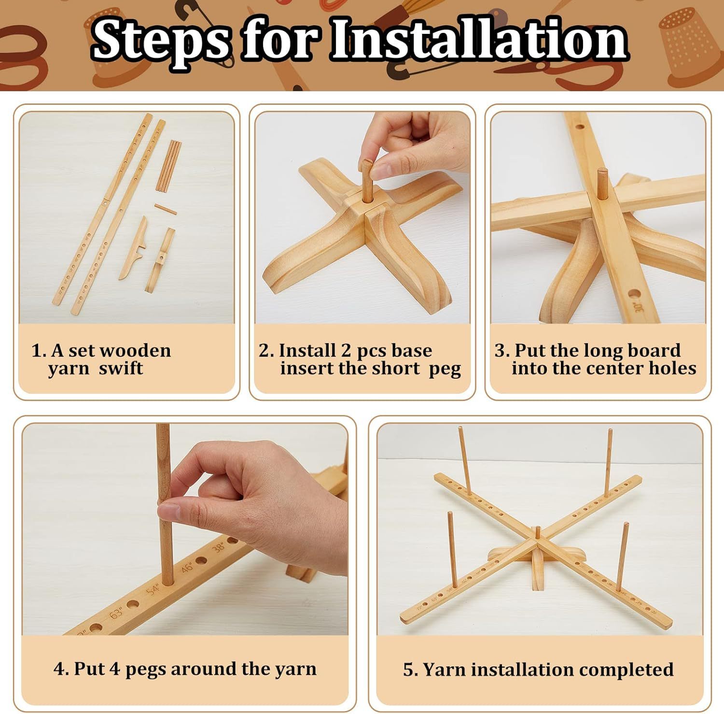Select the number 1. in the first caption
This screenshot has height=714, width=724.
point(39,350)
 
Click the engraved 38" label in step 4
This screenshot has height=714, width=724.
point(219,547)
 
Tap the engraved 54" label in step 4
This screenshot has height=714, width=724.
point(153,589)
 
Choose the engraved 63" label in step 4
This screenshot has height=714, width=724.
point(117,613)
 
